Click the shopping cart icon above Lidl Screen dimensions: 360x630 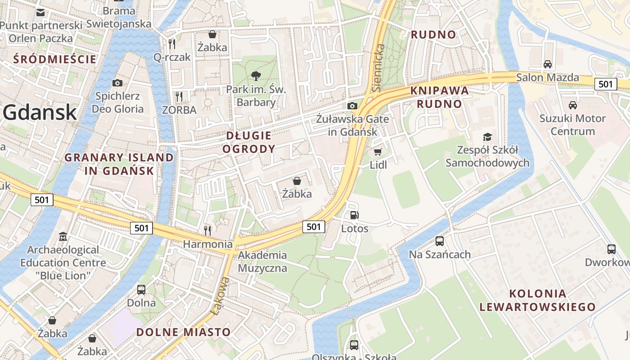coord(378,152)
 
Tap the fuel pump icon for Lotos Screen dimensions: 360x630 coord(355,216)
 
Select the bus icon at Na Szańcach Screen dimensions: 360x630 coord(439,241)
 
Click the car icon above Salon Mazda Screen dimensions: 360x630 coord(547,64)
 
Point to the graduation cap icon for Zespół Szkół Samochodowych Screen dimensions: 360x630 coord(487,137)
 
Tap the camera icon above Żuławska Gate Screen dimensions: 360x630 coord(352,106)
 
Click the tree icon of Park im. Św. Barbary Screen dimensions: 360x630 coord(256,76)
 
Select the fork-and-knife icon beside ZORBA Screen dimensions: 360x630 coord(179,96)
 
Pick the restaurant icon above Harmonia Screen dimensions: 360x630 coord(207,230)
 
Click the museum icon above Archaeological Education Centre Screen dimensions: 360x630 coord(63,236)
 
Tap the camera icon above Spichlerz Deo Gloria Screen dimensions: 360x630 coord(117,83)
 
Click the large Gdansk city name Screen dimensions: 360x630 coord(40,112)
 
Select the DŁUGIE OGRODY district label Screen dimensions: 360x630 coord(249,142)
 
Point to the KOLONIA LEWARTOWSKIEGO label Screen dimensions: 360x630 coord(537,300)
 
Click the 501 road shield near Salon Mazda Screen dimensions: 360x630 coord(605,84)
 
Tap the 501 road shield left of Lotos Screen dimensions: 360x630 coord(313,227)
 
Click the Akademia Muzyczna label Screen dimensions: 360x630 coord(262,261)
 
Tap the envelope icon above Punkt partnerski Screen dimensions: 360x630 coord(40,12)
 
